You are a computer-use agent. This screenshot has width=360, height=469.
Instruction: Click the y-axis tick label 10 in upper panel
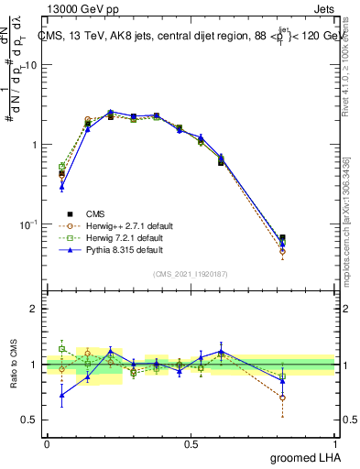pos(30,65)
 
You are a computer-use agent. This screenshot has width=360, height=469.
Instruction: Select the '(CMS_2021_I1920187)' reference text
pos(191,273)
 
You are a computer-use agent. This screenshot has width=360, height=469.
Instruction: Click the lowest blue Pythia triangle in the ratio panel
pos(61,396)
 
